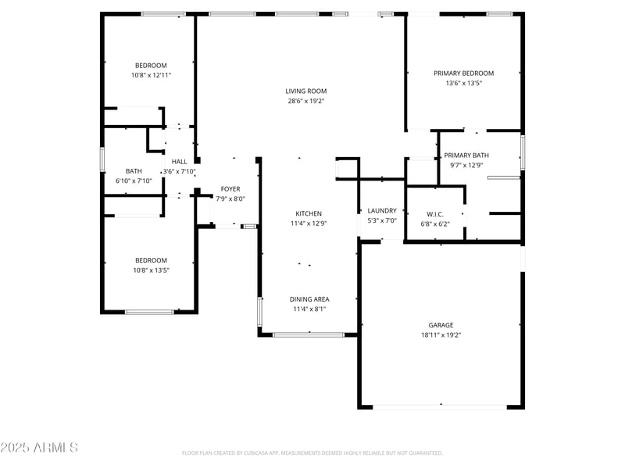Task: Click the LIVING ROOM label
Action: [306, 91]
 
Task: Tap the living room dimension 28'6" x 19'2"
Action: [306, 101]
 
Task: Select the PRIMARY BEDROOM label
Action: [464, 73]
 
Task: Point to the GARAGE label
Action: [441, 325]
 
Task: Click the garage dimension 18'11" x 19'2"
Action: [441, 335]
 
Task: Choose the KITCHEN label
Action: [308, 213]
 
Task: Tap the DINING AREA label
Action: [309, 299]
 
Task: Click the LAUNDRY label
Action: [382, 210]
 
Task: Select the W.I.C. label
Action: [435, 214]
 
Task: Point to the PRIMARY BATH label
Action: [466, 155]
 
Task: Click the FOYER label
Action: [230, 189]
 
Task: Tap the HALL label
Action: [179, 161]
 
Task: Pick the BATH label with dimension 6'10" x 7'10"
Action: [134, 171]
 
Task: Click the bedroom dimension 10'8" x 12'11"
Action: [151, 75]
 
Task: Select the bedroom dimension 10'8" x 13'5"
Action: [151, 270]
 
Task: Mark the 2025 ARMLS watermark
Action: [39, 448]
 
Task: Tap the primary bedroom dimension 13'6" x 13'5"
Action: [464, 83]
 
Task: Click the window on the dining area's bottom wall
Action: [309, 335]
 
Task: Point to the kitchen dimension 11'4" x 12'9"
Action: [308, 223]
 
